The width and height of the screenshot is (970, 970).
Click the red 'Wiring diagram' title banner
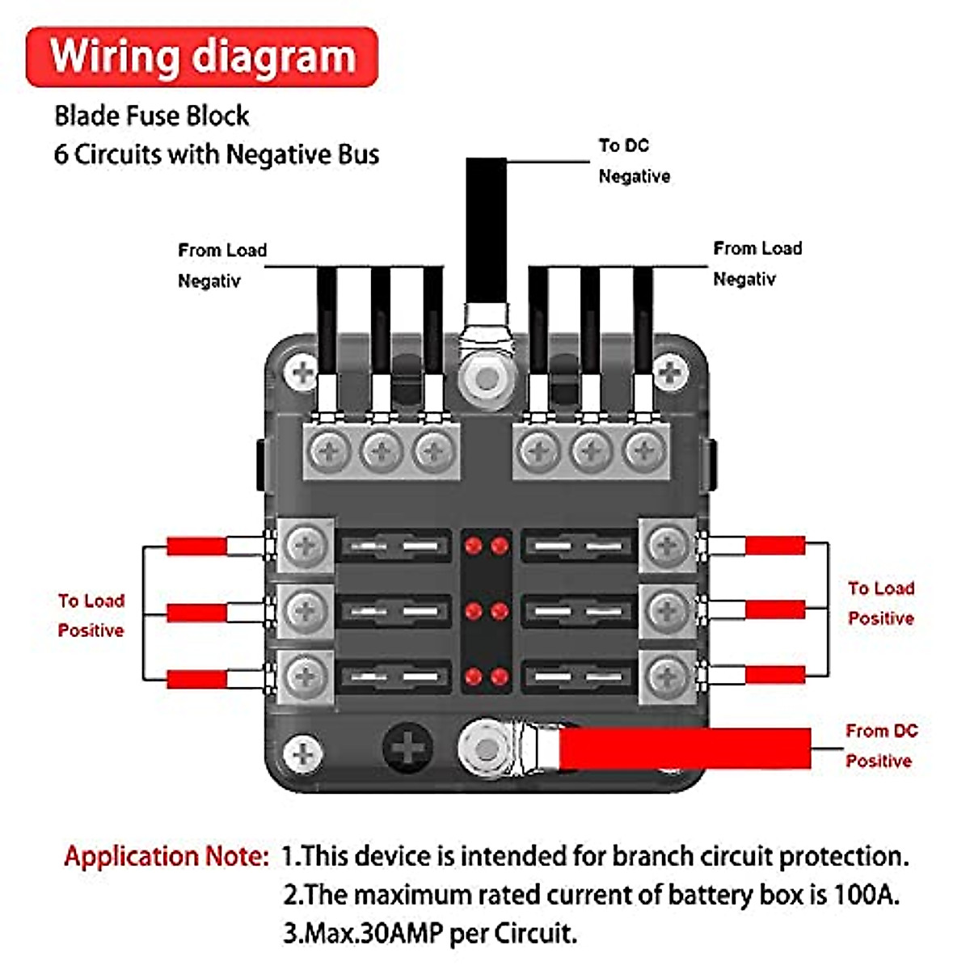point(202,57)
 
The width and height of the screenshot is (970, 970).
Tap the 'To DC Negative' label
point(634,161)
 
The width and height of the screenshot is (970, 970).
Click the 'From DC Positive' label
point(880,745)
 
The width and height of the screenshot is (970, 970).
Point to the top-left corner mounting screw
point(303,373)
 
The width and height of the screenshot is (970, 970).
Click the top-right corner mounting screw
point(670,373)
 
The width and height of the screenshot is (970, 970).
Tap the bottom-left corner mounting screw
point(303,753)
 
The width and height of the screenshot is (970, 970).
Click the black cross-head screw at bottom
point(408,748)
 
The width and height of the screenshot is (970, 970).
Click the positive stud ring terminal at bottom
point(486,749)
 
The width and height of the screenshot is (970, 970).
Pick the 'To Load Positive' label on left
point(91,615)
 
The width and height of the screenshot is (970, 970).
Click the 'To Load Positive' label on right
point(880,603)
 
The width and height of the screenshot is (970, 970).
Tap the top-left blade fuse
point(394,547)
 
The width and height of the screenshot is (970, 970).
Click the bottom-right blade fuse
point(577,677)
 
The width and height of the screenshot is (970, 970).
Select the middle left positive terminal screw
point(306,610)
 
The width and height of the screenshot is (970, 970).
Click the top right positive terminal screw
point(668,546)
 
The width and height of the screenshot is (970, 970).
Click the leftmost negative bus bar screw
point(330,450)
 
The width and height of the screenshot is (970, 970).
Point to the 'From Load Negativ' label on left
point(221,265)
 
